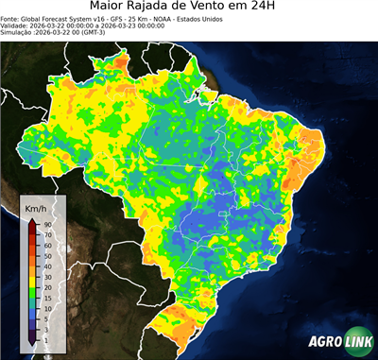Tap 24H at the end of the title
tap(274, 9)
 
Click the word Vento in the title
tap(222, 9)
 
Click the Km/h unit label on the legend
tap(36, 206)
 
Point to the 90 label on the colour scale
tap(46, 224)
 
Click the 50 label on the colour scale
tap(46, 255)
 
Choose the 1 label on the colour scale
tap(45, 338)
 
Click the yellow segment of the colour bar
tap(31, 271)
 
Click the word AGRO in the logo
tap(322, 343)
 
